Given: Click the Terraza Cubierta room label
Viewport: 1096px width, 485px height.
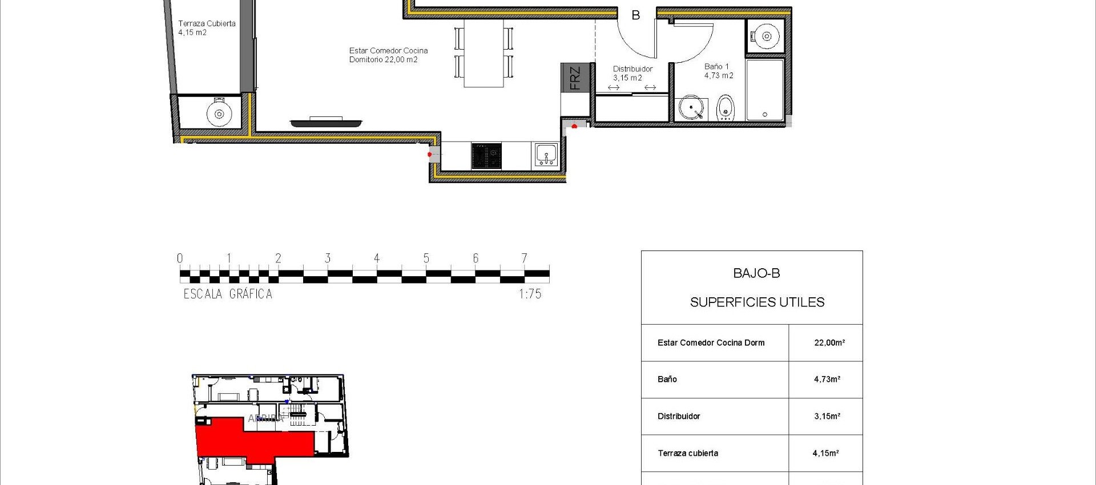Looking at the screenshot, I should [x=206, y=28].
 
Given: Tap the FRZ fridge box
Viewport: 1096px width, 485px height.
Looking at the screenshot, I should [x=574, y=78].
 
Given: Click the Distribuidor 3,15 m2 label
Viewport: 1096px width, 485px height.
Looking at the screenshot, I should [x=632, y=73].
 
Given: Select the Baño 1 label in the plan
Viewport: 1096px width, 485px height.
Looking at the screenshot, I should [x=718, y=71].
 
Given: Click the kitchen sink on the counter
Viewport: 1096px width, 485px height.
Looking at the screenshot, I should [x=546, y=155].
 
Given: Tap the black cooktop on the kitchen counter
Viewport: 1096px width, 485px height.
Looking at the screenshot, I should [x=486, y=156].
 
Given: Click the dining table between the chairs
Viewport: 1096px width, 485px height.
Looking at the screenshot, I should [x=483, y=53].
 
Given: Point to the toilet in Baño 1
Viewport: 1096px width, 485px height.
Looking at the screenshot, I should [x=725, y=107].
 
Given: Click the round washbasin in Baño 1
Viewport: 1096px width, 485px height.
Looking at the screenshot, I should [x=691, y=107].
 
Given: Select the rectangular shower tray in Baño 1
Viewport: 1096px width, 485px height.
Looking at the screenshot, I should [x=765, y=90].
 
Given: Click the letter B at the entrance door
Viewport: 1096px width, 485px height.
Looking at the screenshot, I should [x=635, y=15].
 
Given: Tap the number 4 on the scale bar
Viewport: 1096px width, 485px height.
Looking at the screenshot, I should [x=377, y=258].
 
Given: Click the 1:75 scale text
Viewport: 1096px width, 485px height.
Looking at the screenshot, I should [x=530, y=294].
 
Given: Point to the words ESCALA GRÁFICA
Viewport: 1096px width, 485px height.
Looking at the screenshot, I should [x=228, y=294].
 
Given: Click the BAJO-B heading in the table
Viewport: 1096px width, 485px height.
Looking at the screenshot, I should [x=756, y=273].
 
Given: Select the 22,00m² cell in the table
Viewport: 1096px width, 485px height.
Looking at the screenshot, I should [x=829, y=343].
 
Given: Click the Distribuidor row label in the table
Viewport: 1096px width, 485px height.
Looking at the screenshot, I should [x=679, y=417].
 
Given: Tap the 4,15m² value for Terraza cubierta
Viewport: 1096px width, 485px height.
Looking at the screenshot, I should [x=825, y=454].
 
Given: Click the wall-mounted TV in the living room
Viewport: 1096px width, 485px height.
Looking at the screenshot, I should [x=326, y=122].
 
